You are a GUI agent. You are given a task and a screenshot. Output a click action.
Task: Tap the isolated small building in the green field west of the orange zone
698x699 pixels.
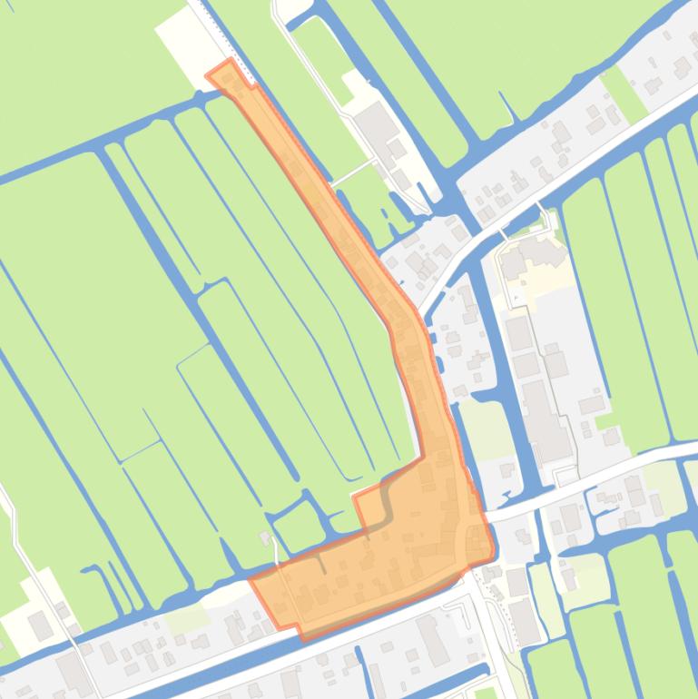tap(266, 538)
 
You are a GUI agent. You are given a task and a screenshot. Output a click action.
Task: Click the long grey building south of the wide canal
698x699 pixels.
tap(434, 640)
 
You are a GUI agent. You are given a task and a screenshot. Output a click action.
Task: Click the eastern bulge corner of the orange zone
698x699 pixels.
tap(493, 548)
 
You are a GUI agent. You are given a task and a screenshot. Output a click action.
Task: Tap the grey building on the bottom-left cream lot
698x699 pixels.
tap(39, 625)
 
